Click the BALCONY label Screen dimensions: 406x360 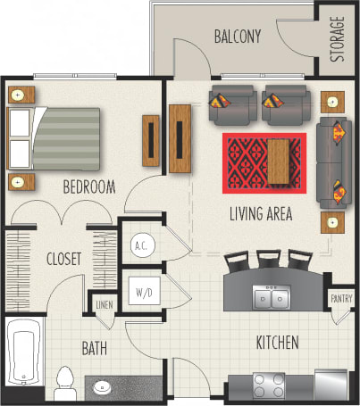click(237, 37)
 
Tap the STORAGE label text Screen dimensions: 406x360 click(337, 39)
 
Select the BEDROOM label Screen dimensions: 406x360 click(88, 186)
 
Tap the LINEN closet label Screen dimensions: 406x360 click(105, 306)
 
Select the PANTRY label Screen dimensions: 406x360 click(341, 300)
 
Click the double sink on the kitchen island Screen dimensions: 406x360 click(270, 297)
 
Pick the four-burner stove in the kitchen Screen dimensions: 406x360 click(268, 385)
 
